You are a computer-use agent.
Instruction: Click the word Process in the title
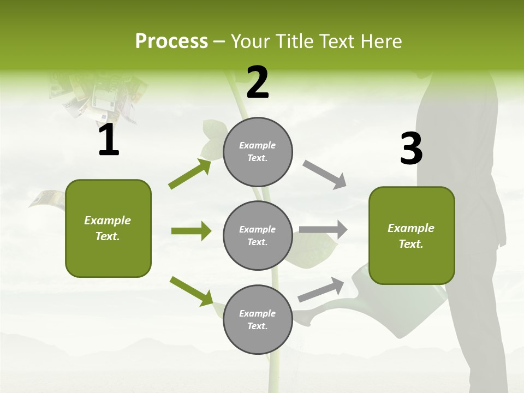click(171, 41)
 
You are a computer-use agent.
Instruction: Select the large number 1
click(109, 140)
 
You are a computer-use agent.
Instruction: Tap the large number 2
click(258, 82)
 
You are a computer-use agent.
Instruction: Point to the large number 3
click(411, 149)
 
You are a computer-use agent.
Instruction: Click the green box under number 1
click(108, 228)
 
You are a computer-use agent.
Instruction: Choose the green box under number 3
click(412, 235)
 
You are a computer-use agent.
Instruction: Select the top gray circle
click(258, 151)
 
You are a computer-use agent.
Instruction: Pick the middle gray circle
click(258, 235)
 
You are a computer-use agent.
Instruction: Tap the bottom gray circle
click(258, 319)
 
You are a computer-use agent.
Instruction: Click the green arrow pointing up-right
click(189, 174)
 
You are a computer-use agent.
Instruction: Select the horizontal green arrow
click(191, 231)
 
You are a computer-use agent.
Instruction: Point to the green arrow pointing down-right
click(191, 290)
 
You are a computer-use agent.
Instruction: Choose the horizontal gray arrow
click(323, 230)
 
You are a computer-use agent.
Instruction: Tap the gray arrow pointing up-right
click(321, 290)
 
